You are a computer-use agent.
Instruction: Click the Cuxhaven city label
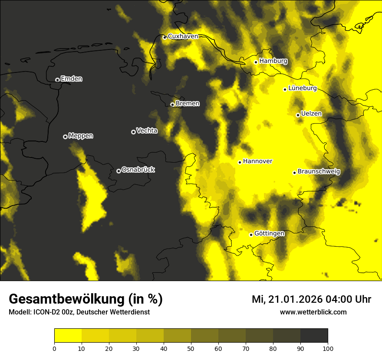(x=183, y=36)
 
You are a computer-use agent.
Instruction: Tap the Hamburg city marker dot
(x=256, y=62)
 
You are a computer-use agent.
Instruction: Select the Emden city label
(x=71, y=79)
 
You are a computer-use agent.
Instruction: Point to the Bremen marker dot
(x=172, y=105)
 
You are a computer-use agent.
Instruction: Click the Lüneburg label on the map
(x=302, y=88)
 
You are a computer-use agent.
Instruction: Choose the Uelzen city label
(x=311, y=114)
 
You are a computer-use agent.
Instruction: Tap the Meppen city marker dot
(x=65, y=137)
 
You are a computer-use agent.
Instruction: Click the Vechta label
(x=147, y=131)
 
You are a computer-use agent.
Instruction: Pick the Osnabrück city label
(x=138, y=170)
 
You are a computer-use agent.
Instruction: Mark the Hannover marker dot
(x=240, y=162)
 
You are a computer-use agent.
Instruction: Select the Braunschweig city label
(x=319, y=172)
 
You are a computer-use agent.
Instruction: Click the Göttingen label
(x=269, y=234)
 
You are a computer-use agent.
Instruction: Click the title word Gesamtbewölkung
(x=66, y=299)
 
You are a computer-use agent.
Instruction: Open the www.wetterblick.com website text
(x=313, y=312)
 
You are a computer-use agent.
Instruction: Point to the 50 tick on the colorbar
(x=191, y=348)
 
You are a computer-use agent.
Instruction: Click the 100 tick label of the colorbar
(x=328, y=348)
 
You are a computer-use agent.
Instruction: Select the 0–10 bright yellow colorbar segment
(x=68, y=336)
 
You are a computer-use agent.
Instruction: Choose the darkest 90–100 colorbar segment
(x=314, y=336)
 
